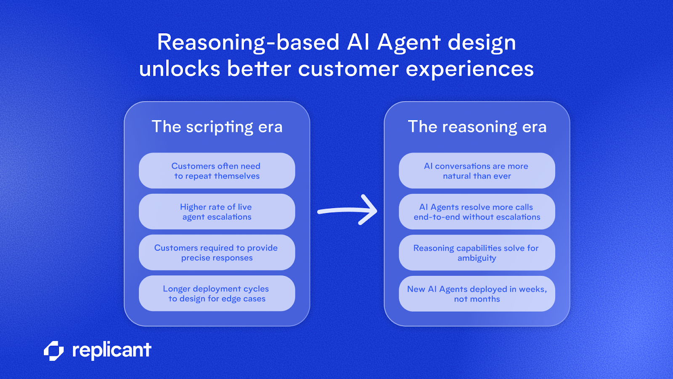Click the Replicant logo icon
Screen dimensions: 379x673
point(54,351)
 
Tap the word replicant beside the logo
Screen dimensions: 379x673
point(111,350)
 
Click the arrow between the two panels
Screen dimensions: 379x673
point(347,210)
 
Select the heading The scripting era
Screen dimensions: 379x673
point(217,127)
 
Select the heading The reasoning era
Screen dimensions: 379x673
point(477,127)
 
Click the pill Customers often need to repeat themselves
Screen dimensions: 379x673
point(217,171)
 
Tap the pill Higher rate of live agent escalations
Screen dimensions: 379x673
point(217,211)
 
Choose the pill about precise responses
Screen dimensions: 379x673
point(217,252)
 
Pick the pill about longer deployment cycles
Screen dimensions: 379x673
point(217,294)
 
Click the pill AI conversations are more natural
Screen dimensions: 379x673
point(477,171)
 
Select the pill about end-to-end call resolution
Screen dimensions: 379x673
point(477,211)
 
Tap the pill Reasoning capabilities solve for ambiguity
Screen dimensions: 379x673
point(477,253)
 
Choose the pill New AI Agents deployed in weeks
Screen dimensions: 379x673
point(477,294)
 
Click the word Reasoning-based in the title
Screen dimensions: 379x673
point(248,43)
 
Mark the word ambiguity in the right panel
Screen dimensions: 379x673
point(477,258)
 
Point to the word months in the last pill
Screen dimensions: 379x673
point(485,299)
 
